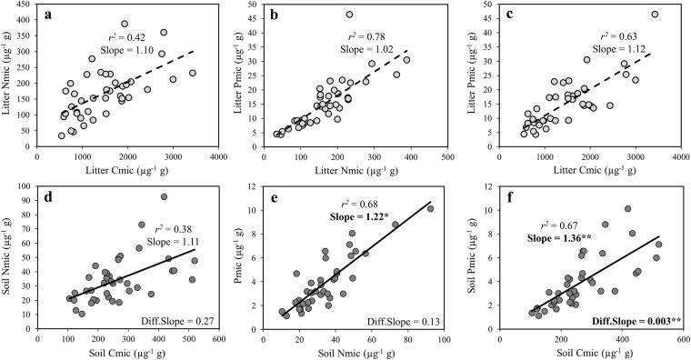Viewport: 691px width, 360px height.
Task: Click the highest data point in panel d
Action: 165,197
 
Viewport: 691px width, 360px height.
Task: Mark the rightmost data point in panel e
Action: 430,209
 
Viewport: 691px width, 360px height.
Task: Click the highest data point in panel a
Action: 125,25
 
